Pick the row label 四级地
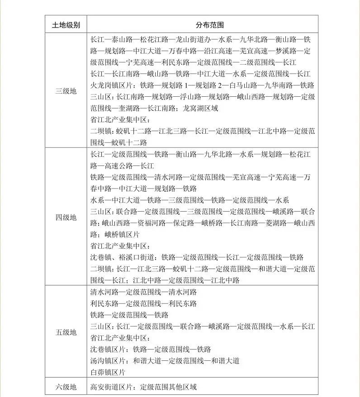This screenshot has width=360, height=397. click(x=66, y=217)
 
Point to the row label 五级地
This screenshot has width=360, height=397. click(x=66, y=332)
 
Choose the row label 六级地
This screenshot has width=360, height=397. click(x=66, y=387)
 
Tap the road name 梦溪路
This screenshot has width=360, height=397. click(x=285, y=51)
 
